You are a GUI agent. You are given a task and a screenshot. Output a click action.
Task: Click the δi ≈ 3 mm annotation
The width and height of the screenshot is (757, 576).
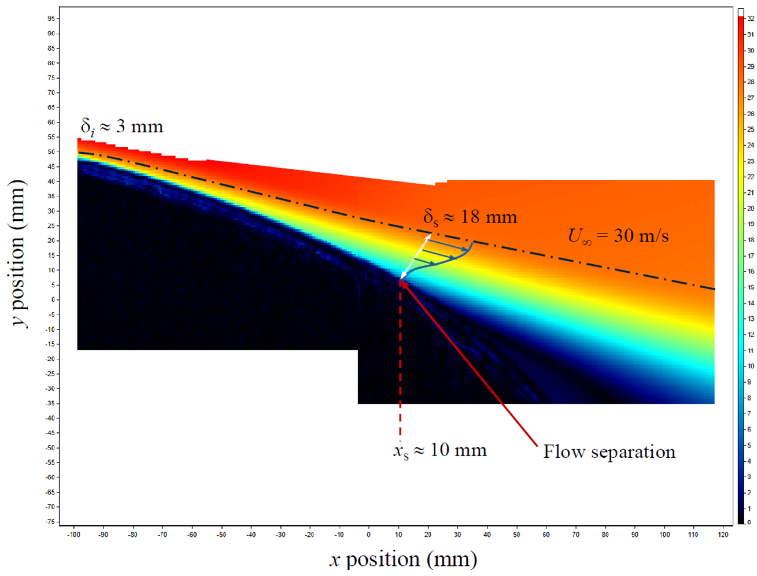coord(122,127)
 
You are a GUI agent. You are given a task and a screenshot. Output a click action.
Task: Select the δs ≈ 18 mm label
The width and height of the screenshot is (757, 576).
coord(470,217)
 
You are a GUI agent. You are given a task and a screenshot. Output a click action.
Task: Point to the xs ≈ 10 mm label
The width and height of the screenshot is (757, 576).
coord(440,451)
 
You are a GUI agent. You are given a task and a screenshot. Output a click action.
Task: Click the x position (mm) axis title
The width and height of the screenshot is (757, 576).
coord(403,559)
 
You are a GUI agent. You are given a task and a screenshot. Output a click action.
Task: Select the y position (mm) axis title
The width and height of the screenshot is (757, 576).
coord(19,254)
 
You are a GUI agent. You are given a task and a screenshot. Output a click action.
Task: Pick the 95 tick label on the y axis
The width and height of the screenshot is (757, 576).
coord(51,19)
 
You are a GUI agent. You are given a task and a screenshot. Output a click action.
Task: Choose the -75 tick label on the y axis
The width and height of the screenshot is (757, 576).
coord(50,521)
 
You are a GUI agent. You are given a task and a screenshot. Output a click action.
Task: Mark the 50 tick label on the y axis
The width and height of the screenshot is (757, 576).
coord(51,152)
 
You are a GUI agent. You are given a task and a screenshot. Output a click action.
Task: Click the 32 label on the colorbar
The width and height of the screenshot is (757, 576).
coord(750,19)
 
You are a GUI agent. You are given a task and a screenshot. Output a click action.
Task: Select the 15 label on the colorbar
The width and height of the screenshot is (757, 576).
coord(750,287)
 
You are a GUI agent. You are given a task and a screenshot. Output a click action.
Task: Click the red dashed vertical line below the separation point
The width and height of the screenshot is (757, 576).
coord(400,360)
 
